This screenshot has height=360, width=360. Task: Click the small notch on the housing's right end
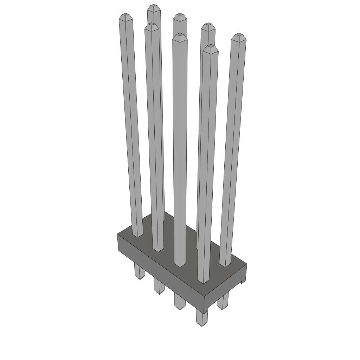point(242,281)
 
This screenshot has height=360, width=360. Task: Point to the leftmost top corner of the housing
point(117,234)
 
